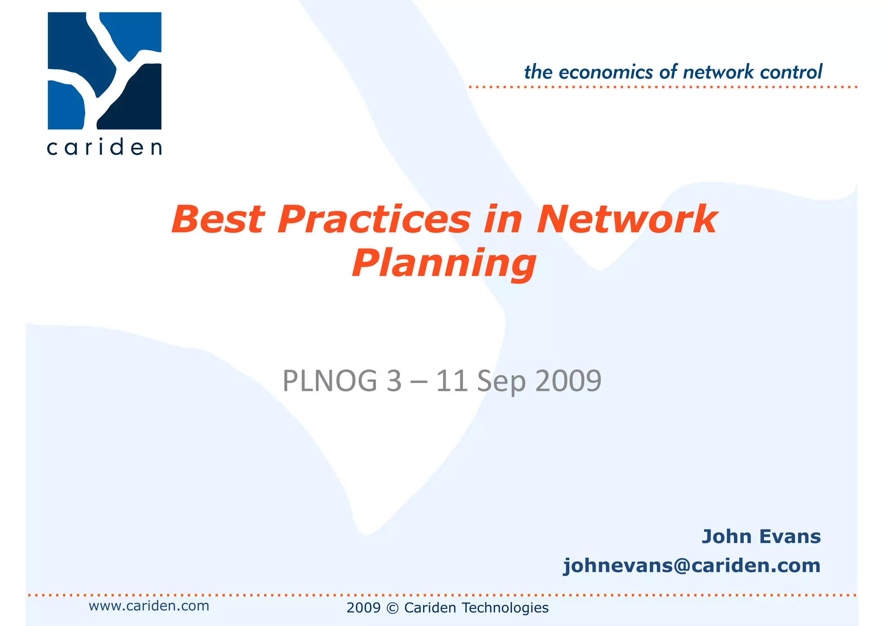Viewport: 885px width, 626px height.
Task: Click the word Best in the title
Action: pyautogui.click(x=217, y=220)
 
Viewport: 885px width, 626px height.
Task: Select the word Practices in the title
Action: pyautogui.click(x=374, y=220)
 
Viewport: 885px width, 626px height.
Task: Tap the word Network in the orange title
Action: pyautogui.click(x=627, y=220)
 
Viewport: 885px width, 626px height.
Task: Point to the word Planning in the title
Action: pyautogui.click(x=444, y=264)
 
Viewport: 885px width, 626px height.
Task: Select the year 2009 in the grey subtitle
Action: pyautogui.click(x=568, y=381)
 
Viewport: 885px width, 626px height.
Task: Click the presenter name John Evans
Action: pyautogui.click(x=761, y=537)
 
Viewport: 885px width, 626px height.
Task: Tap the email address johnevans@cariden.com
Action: pyautogui.click(x=691, y=565)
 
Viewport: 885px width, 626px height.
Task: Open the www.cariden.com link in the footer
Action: pyautogui.click(x=149, y=606)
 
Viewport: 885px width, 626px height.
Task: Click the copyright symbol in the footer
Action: pyautogui.click(x=392, y=608)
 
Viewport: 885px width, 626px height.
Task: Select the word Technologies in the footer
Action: pyautogui.click(x=505, y=608)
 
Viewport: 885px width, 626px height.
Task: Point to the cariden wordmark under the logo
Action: pyautogui.click(x=104, y=148)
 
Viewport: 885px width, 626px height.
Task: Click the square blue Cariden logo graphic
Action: pyautogui.click(x=105, y=71)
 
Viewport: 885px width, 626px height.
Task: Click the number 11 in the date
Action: pyautogui.click(x=452, y=381)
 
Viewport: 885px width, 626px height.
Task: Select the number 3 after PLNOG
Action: pyautogui.click(x=394, y=381)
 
